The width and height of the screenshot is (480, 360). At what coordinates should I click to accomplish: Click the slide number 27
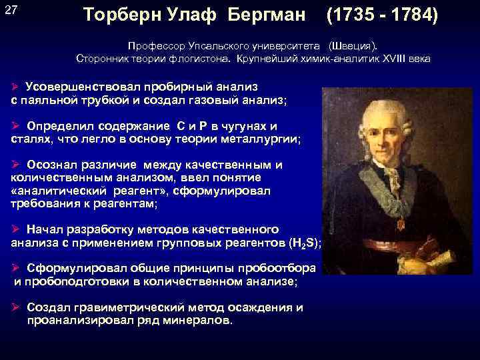[x=11, y=9]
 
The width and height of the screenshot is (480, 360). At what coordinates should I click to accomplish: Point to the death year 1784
[x=413, y=14]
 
